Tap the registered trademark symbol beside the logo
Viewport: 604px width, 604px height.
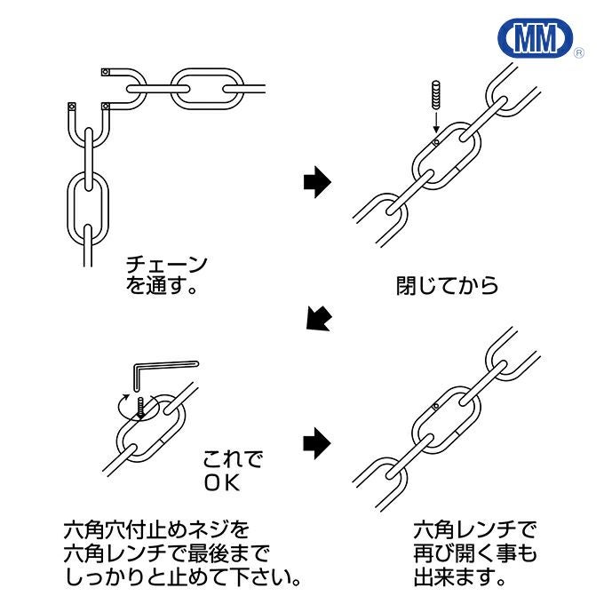tap(579, 53)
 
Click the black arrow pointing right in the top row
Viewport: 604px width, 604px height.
tap(316, 183)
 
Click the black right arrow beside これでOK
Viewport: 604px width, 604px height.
tap(316, 441)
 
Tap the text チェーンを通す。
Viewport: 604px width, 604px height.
tap(167, 275)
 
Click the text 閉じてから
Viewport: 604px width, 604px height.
tap(447, 286)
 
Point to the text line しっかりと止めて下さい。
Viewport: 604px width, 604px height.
tap(181, 578)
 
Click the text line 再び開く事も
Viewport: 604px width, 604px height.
tap(475, 555)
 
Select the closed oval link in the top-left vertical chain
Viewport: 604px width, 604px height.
tap(88, 203)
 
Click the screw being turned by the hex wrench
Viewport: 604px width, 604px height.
tap(141, 406)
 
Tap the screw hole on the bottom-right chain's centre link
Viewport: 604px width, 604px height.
tap(434, 407)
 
